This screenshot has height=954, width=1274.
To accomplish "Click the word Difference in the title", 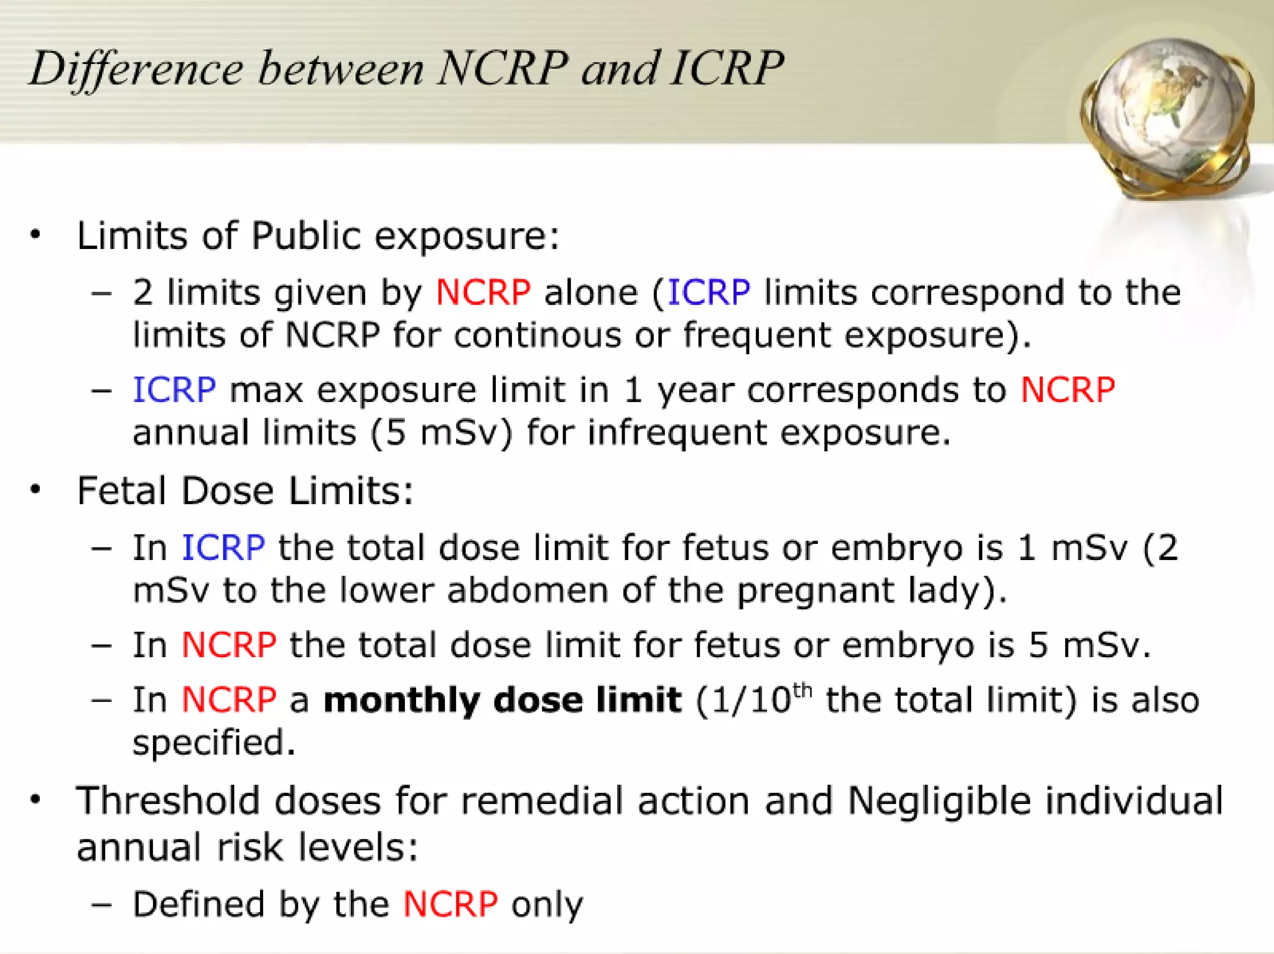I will pyautogui.click(x=136, y=68).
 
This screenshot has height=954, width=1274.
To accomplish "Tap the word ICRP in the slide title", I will pyautogui.click(x=727, y=67).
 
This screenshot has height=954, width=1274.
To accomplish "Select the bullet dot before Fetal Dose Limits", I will pyautogui.click(x=35, y=489).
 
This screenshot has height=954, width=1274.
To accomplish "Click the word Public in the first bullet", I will pyautogui.click(x=305, y=236).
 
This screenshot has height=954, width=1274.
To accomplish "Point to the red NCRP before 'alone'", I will pyautogui.click(x=483, y=292).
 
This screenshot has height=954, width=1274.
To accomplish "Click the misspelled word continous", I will pyautogui.click(x=537, y=335).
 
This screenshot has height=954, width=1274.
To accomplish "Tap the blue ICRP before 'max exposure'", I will pyautogui.click(x=175, y=390).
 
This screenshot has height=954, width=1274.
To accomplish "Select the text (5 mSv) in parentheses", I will pyautogui.click(x=442, y=433).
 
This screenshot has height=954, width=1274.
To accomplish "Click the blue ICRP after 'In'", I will pyautogui.click(x=223, y=548).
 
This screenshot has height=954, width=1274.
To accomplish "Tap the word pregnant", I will pyautogui.click(x=815, y=591).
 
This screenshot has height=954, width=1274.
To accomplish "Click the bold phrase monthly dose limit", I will pyautogui.click(x=503, y=700).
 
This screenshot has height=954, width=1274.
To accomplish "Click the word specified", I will pyautogui.click(x=214, y=742).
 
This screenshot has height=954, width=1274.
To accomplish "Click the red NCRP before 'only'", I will pyautogui.click(x=450, y=904).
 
